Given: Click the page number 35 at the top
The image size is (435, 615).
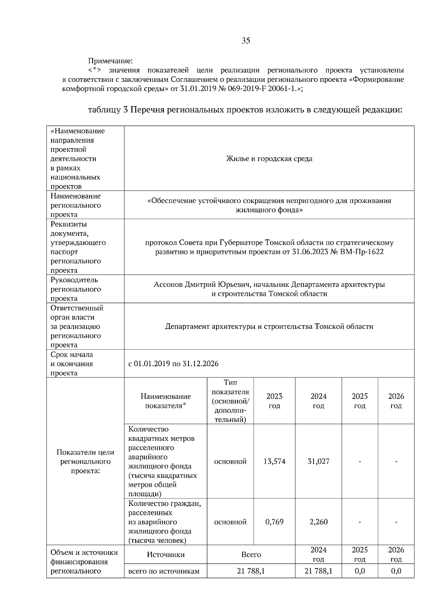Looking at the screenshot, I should click(x=246, y=41).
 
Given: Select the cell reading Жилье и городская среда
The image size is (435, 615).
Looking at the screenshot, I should click(x=269, y=159).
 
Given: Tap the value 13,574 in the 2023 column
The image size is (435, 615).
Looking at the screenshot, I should click(x=274, y=461).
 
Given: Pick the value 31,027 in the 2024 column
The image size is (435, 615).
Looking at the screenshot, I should click(x=318, y=461).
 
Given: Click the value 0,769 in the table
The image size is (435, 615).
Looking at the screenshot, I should click(x=274, y=522).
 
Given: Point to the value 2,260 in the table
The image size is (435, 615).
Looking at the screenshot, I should click(x=318, y=522).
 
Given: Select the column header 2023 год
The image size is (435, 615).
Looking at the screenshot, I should click(x=274, y=401).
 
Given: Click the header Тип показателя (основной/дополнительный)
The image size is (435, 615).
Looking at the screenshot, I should click(x=230, y=401).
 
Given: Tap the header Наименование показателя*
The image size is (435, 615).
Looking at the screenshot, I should click(x=166, y=401).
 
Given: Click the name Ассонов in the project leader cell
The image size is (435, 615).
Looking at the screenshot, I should click(x=168, y=285).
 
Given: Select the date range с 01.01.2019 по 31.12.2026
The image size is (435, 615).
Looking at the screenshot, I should click(x=174, y=364).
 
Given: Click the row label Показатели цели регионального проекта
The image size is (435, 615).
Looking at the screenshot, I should click(x=85, y=461).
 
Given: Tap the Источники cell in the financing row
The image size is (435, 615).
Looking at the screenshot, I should click(x=166, y=555).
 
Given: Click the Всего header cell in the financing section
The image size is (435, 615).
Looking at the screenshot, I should click(x=251, y=555).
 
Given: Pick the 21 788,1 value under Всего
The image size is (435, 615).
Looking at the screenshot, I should click(x=251, y=571).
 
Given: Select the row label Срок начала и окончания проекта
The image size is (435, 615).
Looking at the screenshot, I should click(x=72, y=364).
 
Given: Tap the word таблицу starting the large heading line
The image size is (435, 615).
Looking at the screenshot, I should click(x=104, y=110).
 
